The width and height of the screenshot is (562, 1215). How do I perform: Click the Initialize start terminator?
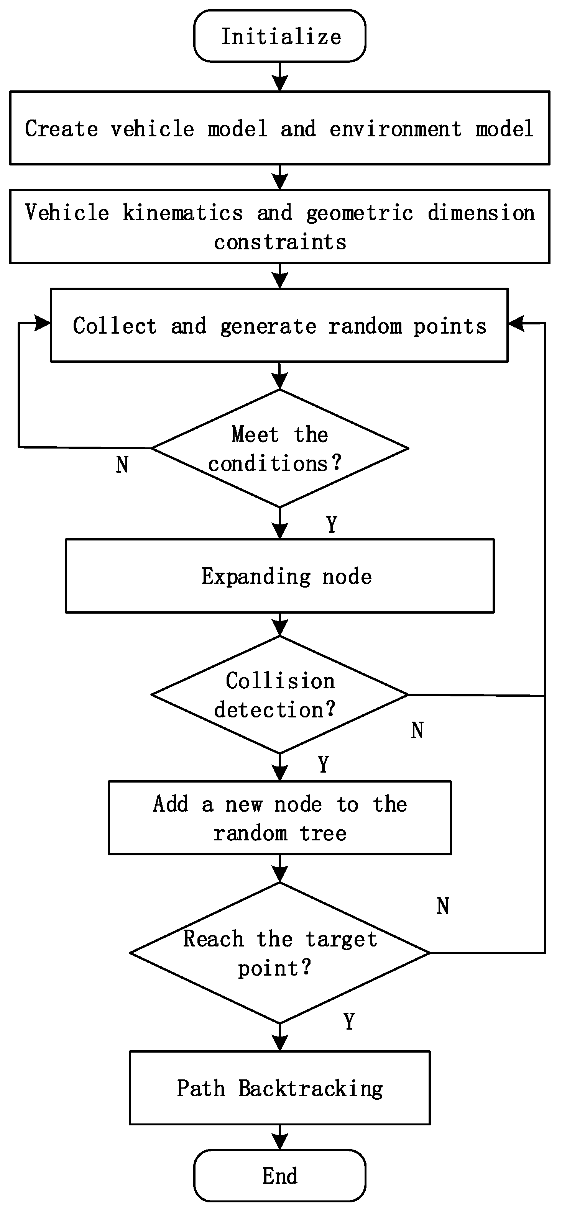(280, 36)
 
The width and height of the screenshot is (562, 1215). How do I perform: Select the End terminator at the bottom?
(280, 1176)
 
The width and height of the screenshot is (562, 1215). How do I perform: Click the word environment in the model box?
(395, 129)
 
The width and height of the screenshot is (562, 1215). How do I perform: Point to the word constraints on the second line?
(280, 242)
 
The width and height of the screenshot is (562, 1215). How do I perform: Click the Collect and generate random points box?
(279, 326)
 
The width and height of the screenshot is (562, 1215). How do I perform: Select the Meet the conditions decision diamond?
(280, 448)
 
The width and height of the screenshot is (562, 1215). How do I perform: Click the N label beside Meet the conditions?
(122, 465)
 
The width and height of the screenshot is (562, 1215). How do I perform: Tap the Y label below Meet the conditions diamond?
(332, 524)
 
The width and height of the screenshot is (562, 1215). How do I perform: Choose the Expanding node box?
(280, 576)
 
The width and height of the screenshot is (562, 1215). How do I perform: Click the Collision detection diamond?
(280, 695)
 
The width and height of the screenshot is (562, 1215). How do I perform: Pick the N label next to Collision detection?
(417, 730)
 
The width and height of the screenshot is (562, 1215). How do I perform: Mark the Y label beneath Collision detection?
(323, 764)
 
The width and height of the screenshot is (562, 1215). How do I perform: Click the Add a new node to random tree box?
(280, 818)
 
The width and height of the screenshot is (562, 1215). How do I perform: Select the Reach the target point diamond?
(280, 953)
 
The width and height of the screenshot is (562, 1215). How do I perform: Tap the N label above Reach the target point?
(443, 906)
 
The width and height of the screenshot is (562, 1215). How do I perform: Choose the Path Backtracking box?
(280, 1088)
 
